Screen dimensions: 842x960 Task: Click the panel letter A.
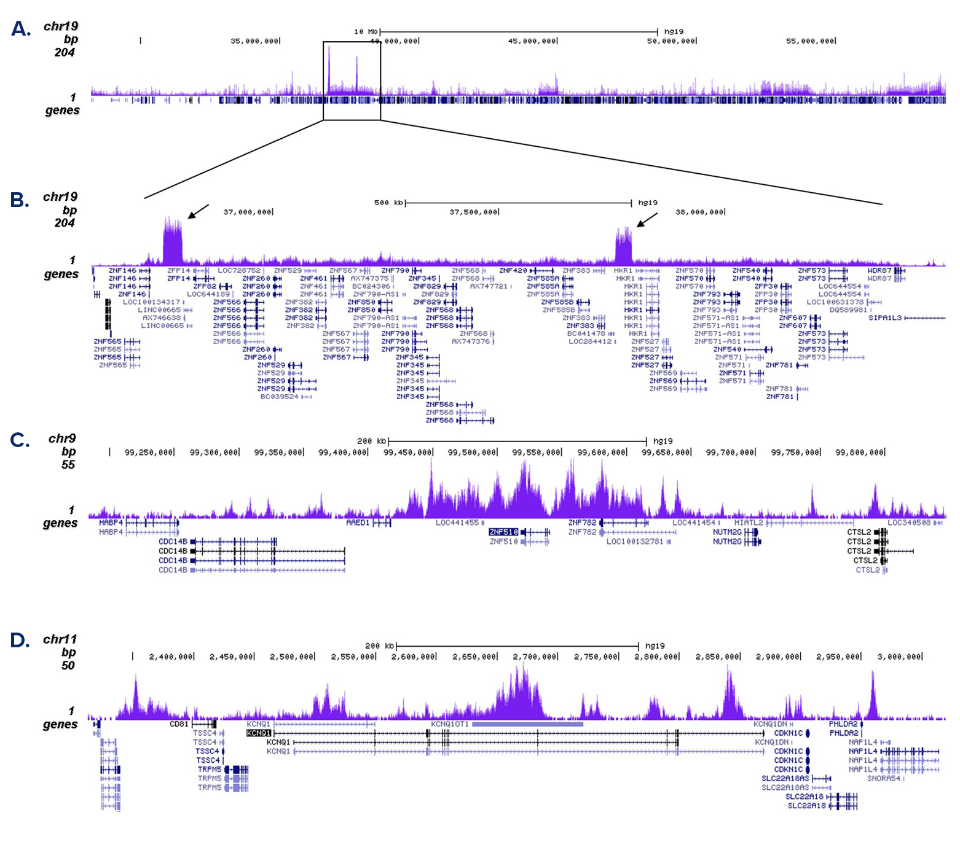(21, 29)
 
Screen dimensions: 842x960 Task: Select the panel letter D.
(20, 641)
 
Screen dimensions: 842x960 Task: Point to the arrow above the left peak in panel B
(198, 211)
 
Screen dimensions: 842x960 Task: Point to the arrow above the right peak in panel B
(647, 220)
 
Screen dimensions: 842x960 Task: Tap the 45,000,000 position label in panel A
(532, 41)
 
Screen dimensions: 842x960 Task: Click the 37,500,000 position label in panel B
(473, 212)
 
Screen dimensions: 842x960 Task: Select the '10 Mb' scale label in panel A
(366, 31)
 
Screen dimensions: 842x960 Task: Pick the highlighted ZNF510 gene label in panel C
(504, 532)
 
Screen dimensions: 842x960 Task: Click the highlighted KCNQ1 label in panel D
(259, 733)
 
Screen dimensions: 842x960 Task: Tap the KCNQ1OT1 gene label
(450, 724)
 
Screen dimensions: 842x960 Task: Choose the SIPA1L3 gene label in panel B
(885, 318)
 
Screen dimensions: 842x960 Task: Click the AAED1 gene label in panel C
(358, 523)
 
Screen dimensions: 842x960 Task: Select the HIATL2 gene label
(749, 523)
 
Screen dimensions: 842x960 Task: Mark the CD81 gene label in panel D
(179, 724)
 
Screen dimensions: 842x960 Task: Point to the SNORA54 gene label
(884, 778)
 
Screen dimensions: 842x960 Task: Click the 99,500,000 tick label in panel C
(471, 453)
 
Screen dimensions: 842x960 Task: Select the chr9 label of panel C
(62, 439)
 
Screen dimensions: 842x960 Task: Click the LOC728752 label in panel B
(239, 270)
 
